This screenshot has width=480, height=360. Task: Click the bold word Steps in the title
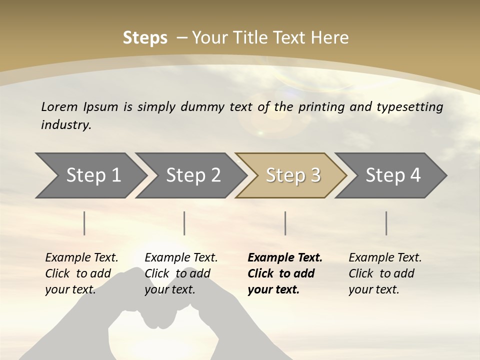pos(145,38)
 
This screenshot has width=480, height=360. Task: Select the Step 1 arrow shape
pos(90,175)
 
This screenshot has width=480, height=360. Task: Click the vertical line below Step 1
pos(84,223)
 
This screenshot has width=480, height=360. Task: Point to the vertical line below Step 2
pos(184,223)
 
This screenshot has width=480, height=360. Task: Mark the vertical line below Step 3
pos(285,223)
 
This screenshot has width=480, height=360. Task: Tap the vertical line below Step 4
pos(386,223)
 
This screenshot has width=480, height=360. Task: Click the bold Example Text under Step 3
pos(285,258)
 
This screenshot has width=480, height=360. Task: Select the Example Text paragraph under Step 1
pos(81,273)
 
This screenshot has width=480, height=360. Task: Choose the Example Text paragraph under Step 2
pos(181,273)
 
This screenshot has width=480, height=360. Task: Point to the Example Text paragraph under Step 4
pos(385,273)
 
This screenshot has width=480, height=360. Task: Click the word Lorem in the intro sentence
pos(59,107)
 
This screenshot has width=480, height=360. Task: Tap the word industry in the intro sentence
pos(66,125)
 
